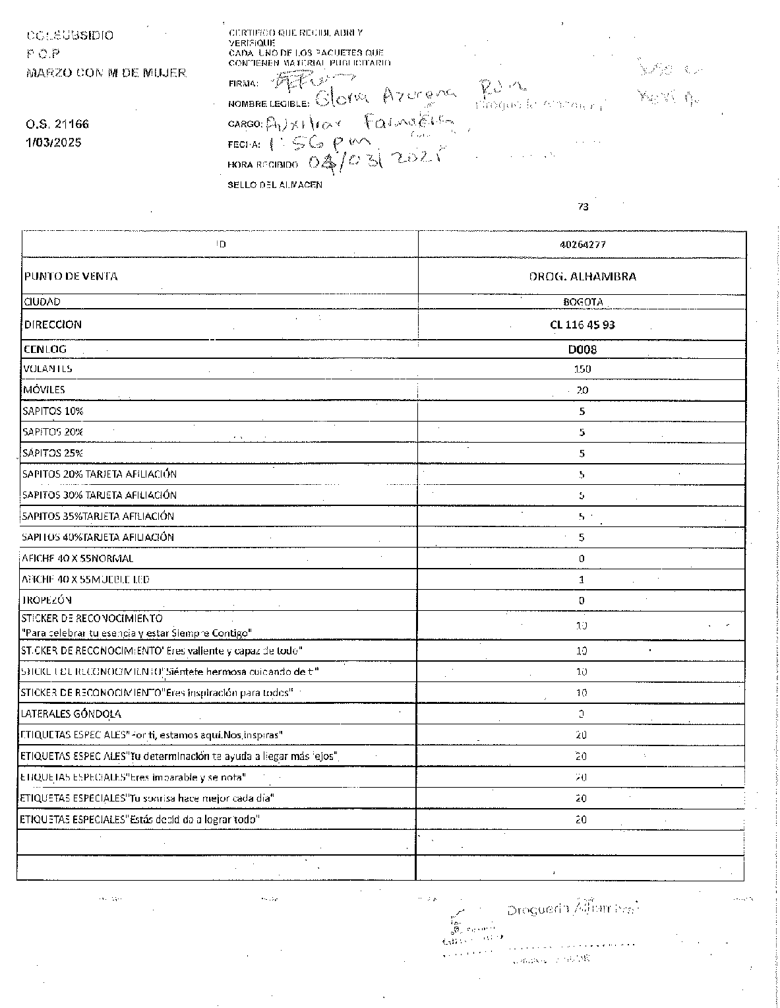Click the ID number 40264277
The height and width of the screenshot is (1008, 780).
[582, 244]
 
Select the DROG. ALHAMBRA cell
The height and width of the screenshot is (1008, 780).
[582, 276]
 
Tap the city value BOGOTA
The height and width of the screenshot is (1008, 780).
[582, 302]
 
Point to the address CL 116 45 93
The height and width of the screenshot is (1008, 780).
[582, 325]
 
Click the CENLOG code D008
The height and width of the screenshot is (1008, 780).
[582, 350]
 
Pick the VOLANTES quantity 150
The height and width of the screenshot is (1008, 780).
[582, 369]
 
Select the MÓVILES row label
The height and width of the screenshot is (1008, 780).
[44, 390]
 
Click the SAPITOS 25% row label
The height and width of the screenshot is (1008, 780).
[53, 453]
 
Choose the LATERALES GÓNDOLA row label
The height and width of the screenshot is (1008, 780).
[71, 714]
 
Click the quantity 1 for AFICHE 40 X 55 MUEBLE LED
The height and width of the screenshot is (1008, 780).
[582, 580]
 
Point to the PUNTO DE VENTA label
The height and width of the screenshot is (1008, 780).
[71, 276]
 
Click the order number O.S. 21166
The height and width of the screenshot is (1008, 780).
[57, 124]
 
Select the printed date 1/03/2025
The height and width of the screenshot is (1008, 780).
[53, 142]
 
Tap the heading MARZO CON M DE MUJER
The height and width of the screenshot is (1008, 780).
[106, 73]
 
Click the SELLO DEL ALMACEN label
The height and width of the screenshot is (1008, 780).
[275, 185]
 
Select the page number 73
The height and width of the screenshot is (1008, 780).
[583, 207]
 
